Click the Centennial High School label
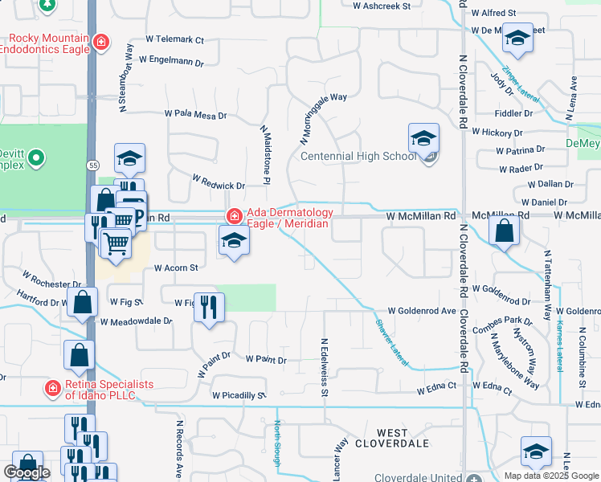tap(358, 156)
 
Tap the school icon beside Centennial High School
tap(423, 140)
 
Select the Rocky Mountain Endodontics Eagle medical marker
tap(101, 42)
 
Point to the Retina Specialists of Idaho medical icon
tap(53, 389)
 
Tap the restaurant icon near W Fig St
tap(209, 306)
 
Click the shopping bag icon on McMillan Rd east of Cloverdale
tap(504, 231)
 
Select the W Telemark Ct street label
tap(175, 39)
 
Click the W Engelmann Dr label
tap(171, 60)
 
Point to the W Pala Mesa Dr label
tap(195, 116)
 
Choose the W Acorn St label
tap(175, 268)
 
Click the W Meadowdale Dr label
tap(136, 321)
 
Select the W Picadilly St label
tap(239, 395)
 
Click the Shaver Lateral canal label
tap(391, 342)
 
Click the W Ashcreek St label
tap(382, 5)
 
